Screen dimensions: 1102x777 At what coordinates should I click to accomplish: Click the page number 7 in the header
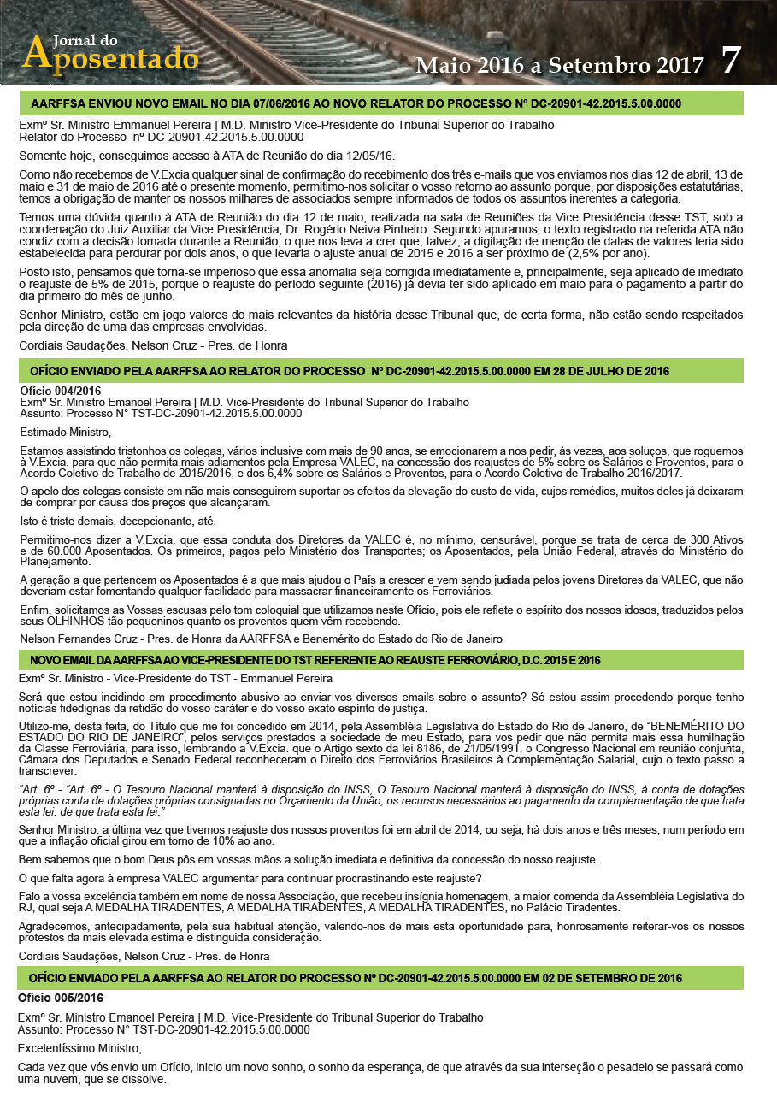pyautogui.click(x=731, y=60)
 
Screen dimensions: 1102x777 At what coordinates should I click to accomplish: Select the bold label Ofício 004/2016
pyautogui.click(x=61, y=391)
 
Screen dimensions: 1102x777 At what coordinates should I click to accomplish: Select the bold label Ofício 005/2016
pyautogui.click(x=61, y=998)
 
